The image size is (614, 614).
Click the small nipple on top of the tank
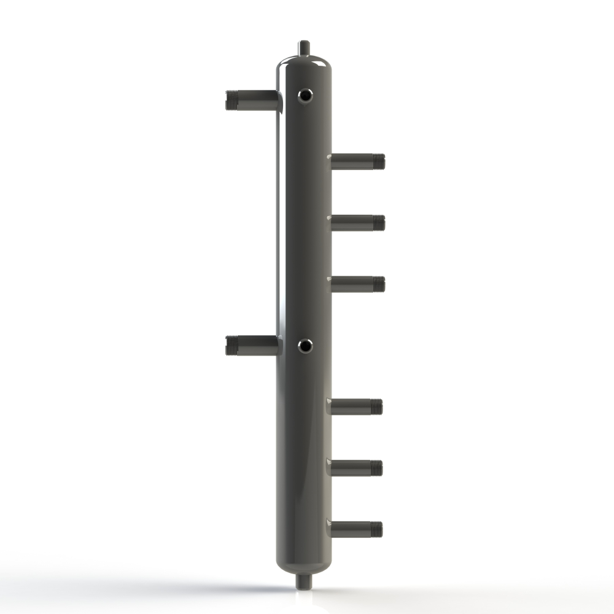tap(304, 47)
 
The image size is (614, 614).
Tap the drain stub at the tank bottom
tap(303, 580)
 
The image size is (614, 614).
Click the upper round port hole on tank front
tap(305, 95)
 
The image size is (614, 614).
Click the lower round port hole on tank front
tap(305, 346)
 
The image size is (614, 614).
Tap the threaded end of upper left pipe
tap(231, 100)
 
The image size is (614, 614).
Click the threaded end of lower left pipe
tap(231, 346)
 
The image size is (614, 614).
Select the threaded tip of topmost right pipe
tap(379, 161)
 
